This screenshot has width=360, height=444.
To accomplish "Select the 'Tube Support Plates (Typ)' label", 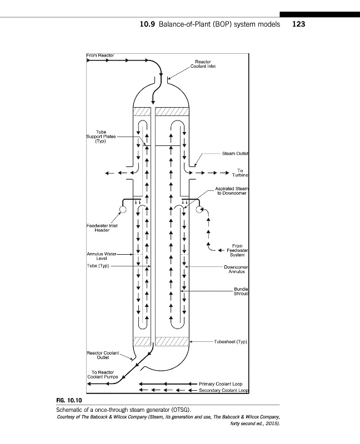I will [101, 136].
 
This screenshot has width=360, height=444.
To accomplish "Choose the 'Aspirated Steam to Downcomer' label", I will [231, 191].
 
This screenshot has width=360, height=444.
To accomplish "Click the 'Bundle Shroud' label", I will [239, 292].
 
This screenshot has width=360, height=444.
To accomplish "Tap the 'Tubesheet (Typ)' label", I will [229, 342].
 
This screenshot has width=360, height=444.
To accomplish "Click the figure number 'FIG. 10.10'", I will [69, 400].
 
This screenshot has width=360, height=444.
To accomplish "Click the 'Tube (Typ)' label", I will [98, 266].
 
